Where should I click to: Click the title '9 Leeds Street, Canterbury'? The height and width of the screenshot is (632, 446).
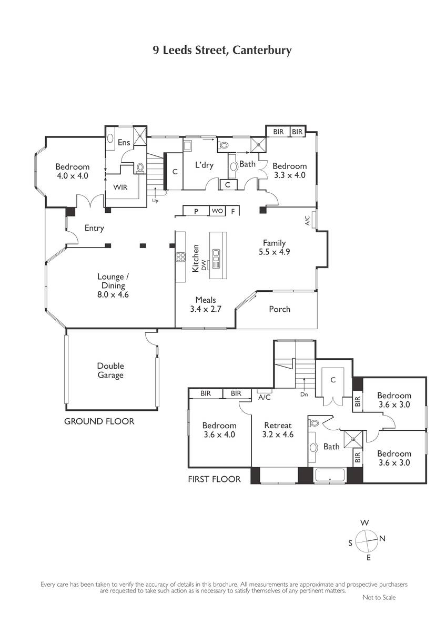(x=222, y=51)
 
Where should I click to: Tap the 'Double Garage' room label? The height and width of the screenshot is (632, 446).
(x=110, y=370)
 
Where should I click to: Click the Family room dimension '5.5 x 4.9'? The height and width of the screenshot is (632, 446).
(x=274, y=252)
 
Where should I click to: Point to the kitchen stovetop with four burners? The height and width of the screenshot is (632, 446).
(x=180, y=257)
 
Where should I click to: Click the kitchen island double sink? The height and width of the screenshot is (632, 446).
(x=216, y=259)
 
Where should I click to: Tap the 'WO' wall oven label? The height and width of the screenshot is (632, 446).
(x=217, y=211)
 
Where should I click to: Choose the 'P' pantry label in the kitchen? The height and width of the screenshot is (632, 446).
(x=196, y=211)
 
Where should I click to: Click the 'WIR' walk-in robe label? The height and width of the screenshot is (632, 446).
(x=120, y=187)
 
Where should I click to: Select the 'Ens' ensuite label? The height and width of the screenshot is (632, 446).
(x=124, y=142)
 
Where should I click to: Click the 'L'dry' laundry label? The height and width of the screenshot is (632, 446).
(x=204, y=165)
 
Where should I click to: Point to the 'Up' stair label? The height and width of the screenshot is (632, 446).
(x=155, y=201)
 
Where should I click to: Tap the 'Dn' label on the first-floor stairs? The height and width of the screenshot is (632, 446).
(x=304, y=394)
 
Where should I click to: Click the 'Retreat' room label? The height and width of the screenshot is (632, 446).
(x=278, y=425)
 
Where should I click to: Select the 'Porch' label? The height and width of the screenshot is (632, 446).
(x=279, y=309)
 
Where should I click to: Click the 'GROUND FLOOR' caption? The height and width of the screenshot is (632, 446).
(x=99, y=421)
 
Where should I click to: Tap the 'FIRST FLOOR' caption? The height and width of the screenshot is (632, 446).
(x=214, y=479)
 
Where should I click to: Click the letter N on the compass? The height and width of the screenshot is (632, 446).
(x=382, y=539)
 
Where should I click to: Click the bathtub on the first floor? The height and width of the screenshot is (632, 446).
(x=330, y=475)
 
